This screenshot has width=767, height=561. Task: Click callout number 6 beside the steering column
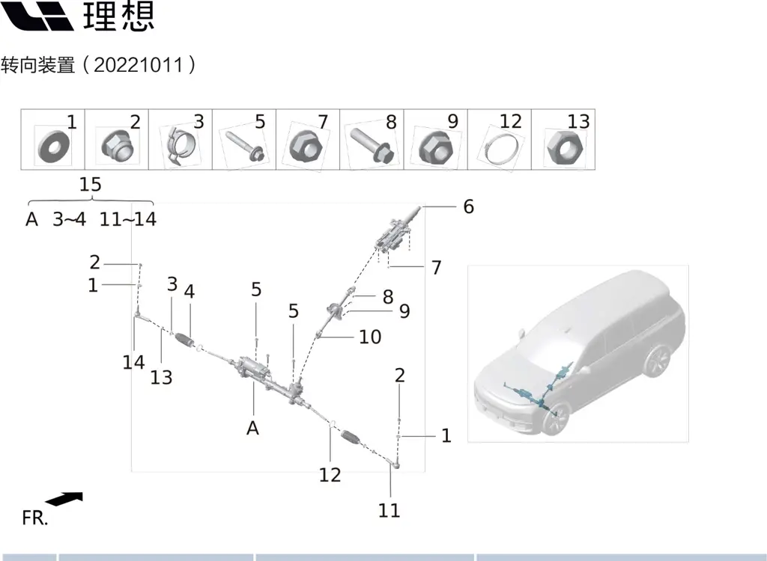coord(468,206)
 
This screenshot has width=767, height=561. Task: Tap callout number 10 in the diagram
coord(370,337)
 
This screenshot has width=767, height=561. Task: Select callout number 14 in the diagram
coord(133,363)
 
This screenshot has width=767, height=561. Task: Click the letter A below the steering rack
coord(253,429)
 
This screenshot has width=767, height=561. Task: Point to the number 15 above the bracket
coord(90,185)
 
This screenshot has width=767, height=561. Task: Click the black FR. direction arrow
coord(64,499)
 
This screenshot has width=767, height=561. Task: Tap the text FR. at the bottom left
coord(34,518)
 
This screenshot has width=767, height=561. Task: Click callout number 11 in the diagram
coord(389,511)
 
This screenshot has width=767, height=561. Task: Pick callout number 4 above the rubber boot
coord(190,292)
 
